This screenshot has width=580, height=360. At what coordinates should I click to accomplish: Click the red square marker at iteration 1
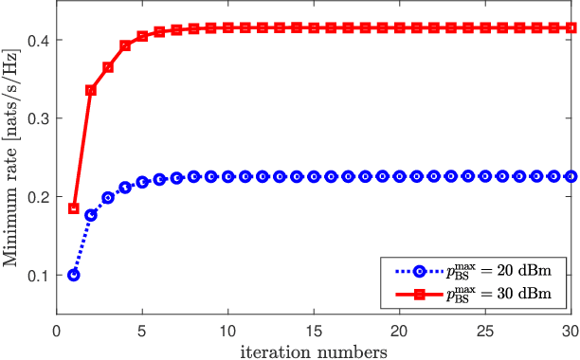point(74,208)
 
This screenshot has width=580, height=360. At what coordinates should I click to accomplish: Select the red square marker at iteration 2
point(91,90)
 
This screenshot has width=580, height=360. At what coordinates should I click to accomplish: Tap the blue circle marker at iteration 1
point(74,275)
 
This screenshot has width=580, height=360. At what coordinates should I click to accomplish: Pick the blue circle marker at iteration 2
point(91,215)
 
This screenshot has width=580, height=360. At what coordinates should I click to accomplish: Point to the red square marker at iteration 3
point(108,67)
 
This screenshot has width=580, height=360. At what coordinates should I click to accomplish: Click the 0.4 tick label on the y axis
point(39,40)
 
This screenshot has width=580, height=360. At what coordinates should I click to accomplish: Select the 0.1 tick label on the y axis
point(39,276)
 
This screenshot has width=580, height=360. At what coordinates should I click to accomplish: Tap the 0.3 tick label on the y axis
point(39,118)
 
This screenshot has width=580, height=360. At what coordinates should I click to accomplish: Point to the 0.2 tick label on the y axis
point(39,197)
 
